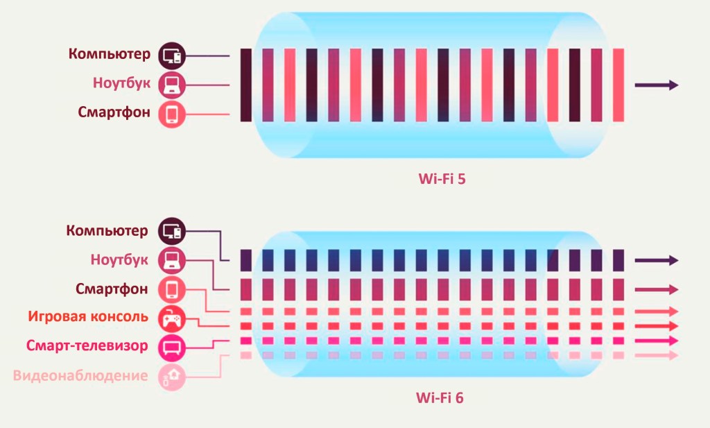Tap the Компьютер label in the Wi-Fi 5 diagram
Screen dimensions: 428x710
pos(108,54)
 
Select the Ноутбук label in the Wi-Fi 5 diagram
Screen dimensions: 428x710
pos(121,83)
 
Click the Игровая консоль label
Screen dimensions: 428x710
pos(88,317)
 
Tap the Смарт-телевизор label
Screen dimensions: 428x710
pos(87,345)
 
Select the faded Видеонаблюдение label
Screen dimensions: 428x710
pos(80,376)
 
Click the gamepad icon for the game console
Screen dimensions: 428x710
pos(171,318)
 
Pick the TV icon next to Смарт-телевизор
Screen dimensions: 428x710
pos(171,347)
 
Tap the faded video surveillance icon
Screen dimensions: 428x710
pos(171,376)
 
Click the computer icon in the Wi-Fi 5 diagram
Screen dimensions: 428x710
pos(171,55)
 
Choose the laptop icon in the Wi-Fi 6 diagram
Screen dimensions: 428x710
pos(171,260)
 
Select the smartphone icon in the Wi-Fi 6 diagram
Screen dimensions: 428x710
pos(171,289)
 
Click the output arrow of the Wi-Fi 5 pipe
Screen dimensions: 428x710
pos(656,85)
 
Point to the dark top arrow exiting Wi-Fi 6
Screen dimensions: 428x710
pos(656,260)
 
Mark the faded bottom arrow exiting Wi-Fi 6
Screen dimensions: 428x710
pos(656,355)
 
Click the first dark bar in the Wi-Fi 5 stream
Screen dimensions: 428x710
pos(246,85)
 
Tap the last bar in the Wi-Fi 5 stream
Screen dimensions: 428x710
pos(618,85)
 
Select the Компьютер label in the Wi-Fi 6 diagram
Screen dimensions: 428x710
pos(107,230)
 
